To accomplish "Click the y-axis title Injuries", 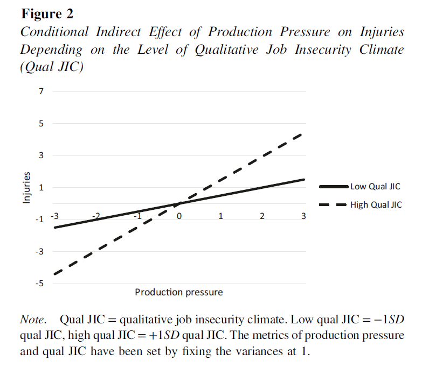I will tap(26, 188).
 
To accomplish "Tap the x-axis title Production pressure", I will tap(178, 292).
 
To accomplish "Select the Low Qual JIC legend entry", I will tap(376, 187).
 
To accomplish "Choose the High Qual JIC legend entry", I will tap(376, 205).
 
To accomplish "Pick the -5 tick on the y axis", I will tap(40, 284).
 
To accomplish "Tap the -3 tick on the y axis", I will tap(40, 251).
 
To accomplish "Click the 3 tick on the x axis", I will tap(303, 216).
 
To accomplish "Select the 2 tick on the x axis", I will tap(262, 216).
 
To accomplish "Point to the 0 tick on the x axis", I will tap(179, 216).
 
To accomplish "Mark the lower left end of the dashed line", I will tap(54, 274).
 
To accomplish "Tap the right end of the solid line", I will tap(304, 179).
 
